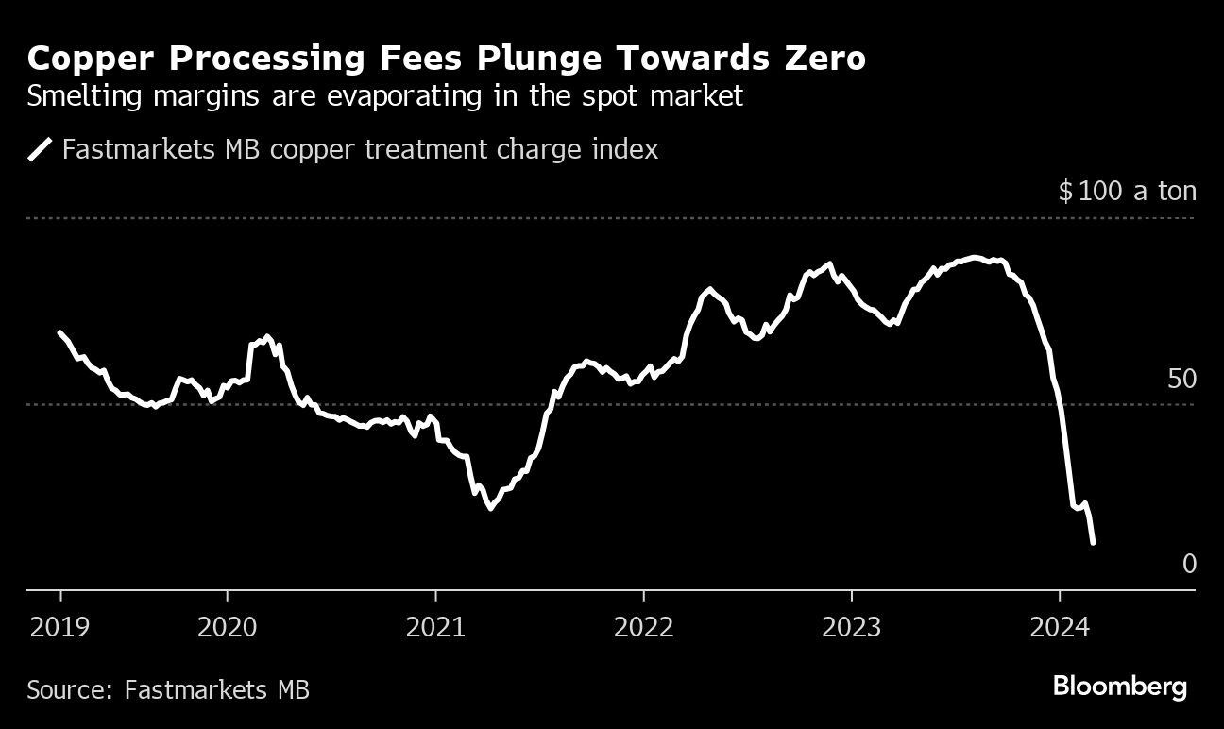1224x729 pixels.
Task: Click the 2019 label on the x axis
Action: tap(60, 626)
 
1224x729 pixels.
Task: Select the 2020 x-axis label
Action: tap(228, 626)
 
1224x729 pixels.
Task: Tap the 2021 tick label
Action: tap(435, 626)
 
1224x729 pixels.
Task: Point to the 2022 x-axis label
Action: tap(643, 626)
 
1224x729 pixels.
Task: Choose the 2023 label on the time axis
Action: tap(852, 626)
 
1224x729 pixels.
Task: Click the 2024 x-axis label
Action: tap(1060, 626)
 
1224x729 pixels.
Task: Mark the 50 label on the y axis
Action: tap(1181, 380)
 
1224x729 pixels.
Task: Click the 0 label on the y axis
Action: tap(1189, 564)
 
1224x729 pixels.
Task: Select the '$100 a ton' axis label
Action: tap(1127, 192)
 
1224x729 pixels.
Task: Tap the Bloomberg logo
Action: tap(1119, 687)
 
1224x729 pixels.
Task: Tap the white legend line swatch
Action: tap(41, 149)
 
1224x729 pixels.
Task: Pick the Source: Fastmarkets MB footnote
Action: tap(168, 689)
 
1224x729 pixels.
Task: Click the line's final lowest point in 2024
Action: tap(1093, 542)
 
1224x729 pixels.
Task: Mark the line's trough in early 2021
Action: tap(490, 508)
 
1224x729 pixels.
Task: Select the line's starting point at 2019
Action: tap(60, 332)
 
